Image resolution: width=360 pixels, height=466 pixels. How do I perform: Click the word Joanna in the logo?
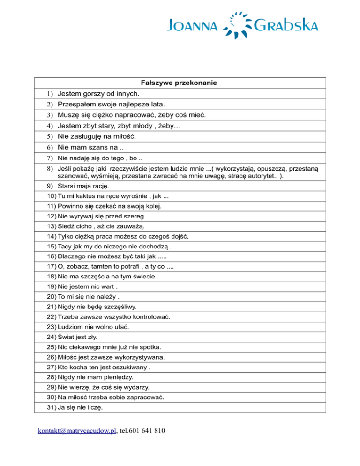(x=191, y=24)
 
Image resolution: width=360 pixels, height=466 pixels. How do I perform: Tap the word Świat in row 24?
(x=67, y=337)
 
